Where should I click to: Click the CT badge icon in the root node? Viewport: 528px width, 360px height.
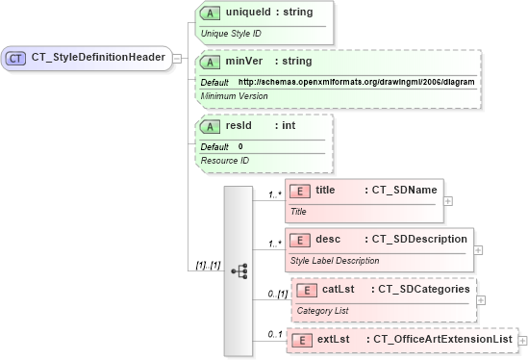15,59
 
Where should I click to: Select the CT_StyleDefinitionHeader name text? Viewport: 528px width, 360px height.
96,59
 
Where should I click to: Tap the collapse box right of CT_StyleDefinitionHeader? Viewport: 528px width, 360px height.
179,59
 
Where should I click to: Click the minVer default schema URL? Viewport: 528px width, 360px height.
356,82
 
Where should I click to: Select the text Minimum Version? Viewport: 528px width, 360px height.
234,97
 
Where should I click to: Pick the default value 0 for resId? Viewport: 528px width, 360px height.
240,145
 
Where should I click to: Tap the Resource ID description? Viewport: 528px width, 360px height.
224,161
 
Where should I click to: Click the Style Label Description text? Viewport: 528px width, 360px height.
335,260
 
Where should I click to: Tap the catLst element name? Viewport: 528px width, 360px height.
339,289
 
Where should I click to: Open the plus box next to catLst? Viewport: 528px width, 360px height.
481,300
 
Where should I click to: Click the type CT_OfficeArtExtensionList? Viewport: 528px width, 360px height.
440,340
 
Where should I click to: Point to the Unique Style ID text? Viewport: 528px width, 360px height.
231,34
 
